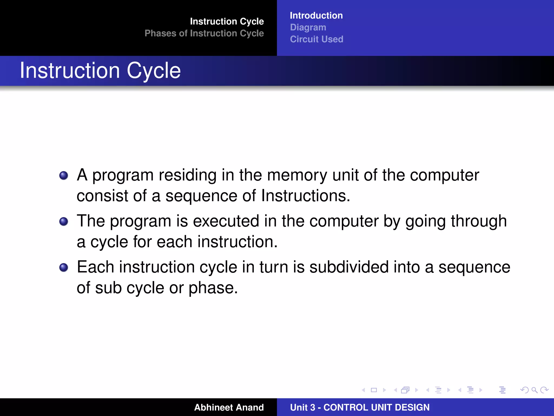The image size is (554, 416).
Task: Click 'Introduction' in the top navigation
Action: click(316, 16)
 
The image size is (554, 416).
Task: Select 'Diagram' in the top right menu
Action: click(308, 28)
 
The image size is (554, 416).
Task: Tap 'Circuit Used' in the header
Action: click(316, 39)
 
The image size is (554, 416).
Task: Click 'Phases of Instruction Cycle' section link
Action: click(204, 33)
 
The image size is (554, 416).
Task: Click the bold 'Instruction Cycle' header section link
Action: click(227, 21)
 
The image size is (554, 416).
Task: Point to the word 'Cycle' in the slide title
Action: click(153, 71)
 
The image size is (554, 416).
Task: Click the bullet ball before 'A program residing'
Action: click(64, 175)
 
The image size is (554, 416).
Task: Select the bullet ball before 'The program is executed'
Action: click(64, 222)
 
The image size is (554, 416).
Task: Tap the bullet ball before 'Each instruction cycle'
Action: click(64, 268)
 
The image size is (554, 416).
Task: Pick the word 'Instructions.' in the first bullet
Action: click(305, 196)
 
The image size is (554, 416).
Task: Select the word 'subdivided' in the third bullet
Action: click(349, 267)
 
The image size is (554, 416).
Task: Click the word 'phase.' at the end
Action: click(213, 288)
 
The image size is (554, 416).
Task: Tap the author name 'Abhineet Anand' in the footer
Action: click(229, 407)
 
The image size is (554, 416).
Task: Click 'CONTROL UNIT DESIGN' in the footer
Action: click(376, 407)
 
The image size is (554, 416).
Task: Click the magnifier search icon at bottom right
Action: click(534, 390)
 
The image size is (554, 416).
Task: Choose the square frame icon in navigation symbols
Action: click(374, 390)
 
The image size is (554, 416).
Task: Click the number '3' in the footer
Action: click(312, 407)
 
